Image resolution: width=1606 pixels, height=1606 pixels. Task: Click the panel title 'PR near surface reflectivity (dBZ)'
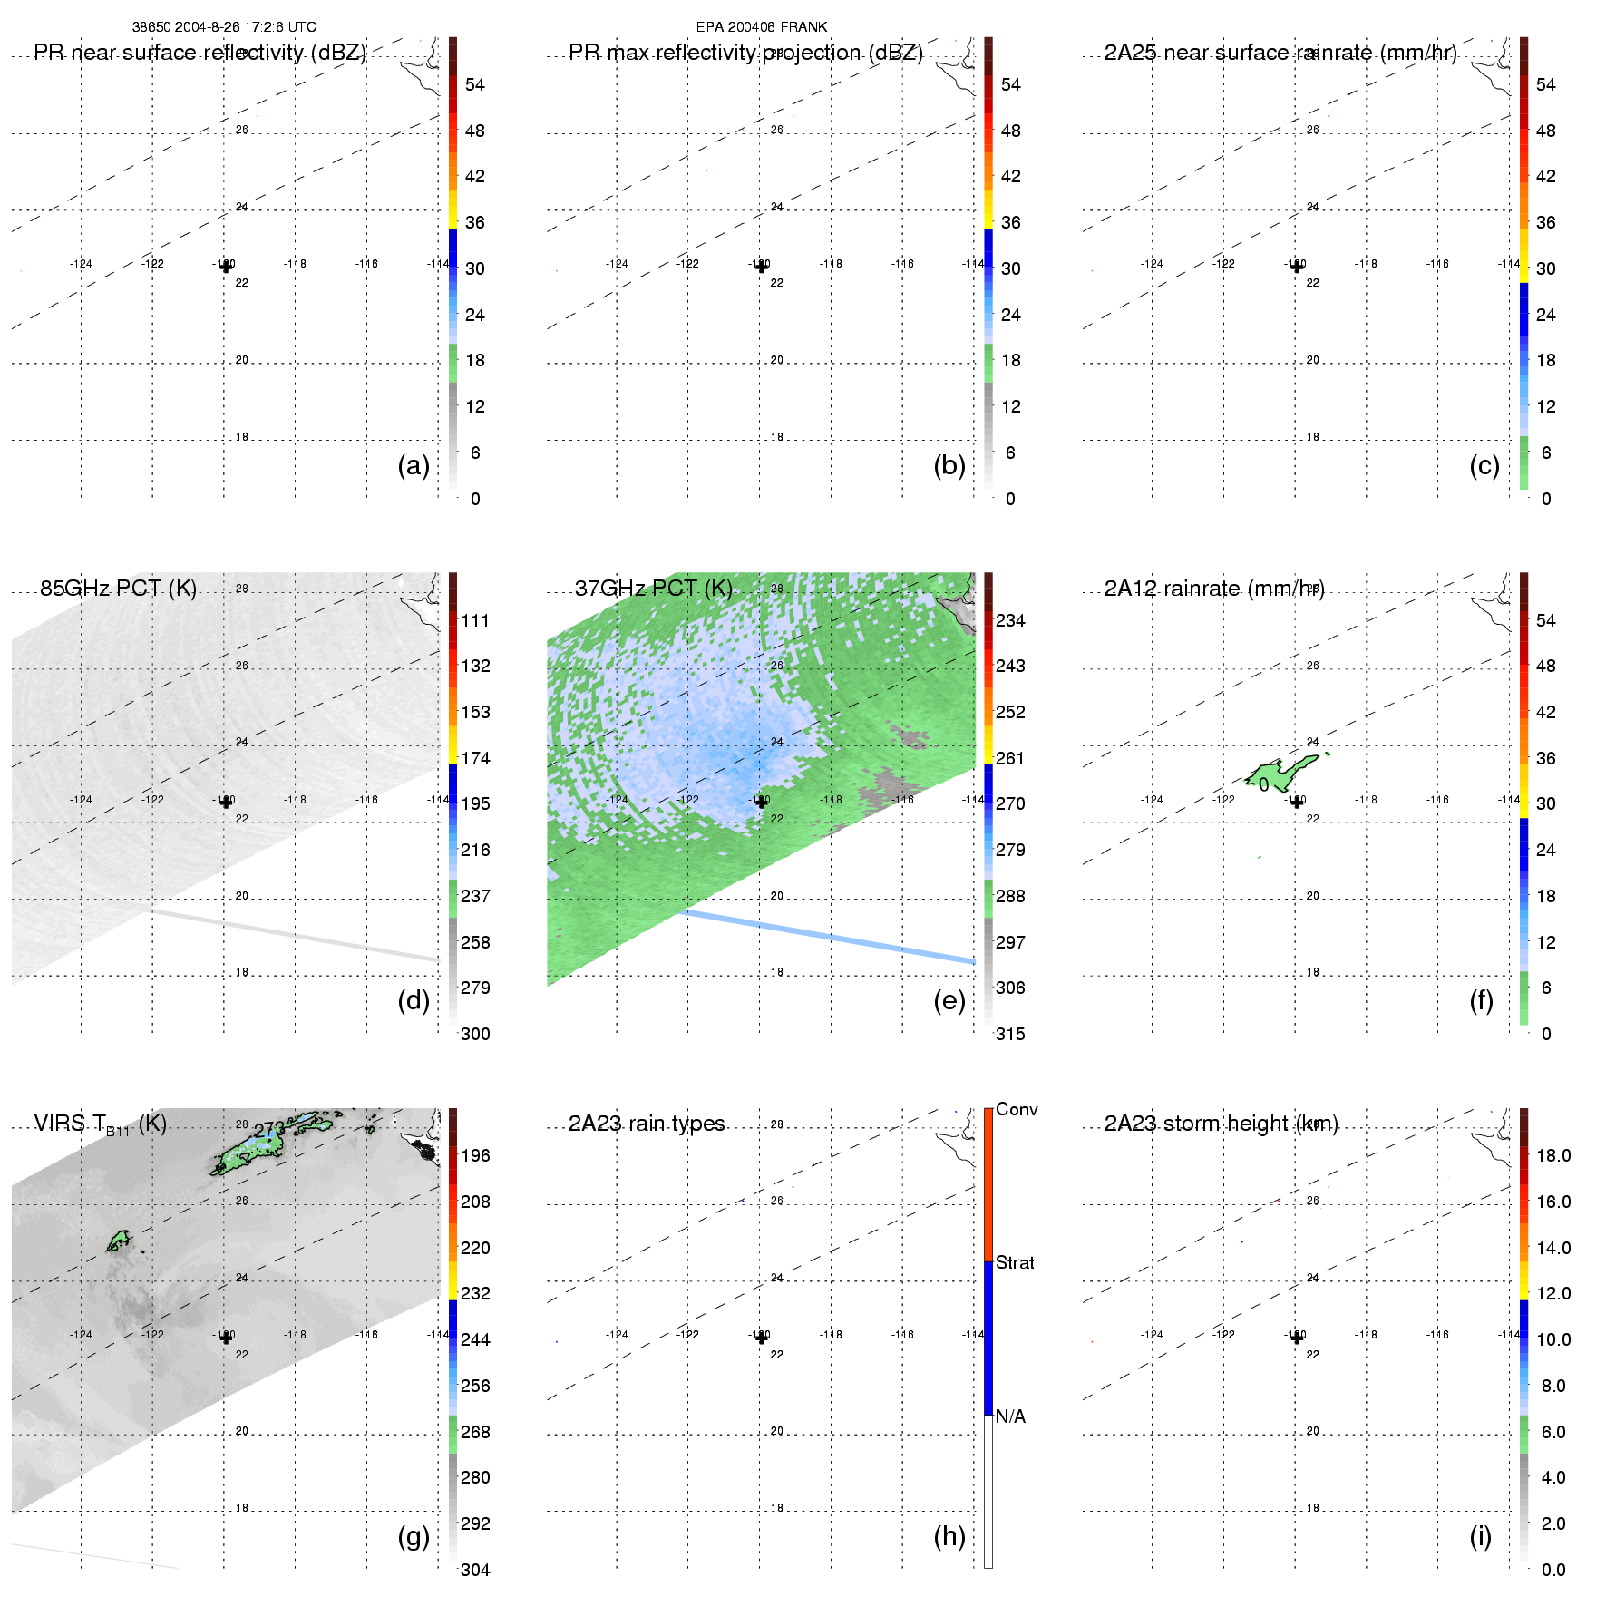click(x=200, y=53)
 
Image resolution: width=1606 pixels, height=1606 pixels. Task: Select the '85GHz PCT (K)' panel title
click(x=118, y=588)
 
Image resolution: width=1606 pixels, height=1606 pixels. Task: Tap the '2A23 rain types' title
click(x=647, y=1124)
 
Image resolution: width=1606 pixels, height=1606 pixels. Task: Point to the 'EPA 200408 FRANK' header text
click(x=762, y=27)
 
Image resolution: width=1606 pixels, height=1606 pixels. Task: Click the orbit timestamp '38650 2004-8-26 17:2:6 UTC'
click(x=224, y=27)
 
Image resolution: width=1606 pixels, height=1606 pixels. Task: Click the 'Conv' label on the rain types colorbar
click(x=1017, y=1109)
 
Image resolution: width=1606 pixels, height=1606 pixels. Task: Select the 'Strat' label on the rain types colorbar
click(x=1015, y=1262)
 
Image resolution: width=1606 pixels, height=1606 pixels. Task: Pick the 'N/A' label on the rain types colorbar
click(x=1010, y=1416)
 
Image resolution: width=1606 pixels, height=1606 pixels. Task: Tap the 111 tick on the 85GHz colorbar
click(x=475, y=620)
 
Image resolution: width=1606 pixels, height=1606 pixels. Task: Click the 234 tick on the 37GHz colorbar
click(x=1010, y=620)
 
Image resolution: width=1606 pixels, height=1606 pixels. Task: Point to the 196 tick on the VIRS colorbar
click(x=475, y=1155)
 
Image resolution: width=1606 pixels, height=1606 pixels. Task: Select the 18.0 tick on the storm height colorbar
click(x=1553, y=1155)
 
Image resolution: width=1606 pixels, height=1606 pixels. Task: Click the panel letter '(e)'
click(x=949, y=1000)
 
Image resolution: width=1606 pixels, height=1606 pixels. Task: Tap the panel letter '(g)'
click(x=414, y=1536)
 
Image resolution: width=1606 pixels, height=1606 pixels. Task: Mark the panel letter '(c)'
click(x=1484, y=465)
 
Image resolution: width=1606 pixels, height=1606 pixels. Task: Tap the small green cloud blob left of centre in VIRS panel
click(x=118, y=1241)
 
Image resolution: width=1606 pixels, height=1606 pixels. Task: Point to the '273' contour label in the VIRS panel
click(x=269, y=1130)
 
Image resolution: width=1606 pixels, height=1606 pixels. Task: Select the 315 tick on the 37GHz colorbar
click(x=1010, y=1034)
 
